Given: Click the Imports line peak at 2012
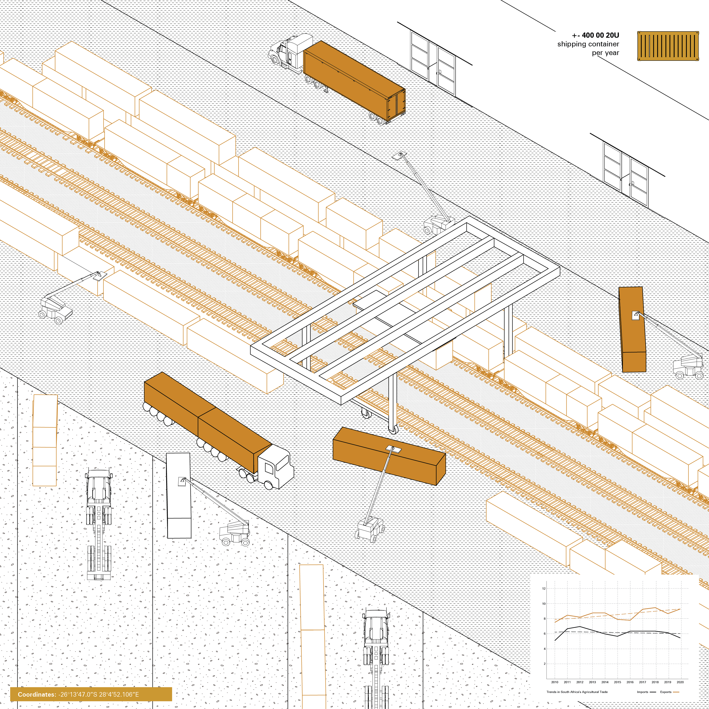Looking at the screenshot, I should click(x=580, y=626).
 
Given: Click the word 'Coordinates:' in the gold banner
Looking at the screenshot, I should click(x=37, y=694).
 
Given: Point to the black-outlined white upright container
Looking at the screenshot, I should click(x=179, y=495).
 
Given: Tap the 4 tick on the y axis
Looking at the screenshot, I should click(x=545, y=649).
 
